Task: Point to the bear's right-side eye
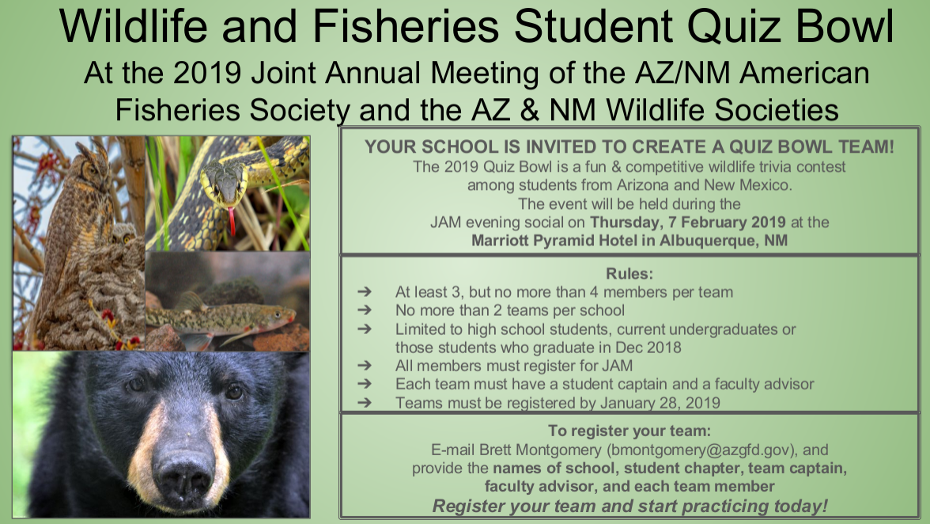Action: (x=234, y=392)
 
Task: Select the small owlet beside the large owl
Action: (x=124, y=234)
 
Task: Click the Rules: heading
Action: (x=629, y=274)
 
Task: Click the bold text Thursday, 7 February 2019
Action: (x=688, y=222)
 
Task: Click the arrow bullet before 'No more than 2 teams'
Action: (x=365, y=309)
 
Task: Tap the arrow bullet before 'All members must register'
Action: (x=365, y=366)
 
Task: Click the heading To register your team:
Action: (x=629, y=431)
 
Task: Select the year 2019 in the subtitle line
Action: (x=207, y=73)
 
